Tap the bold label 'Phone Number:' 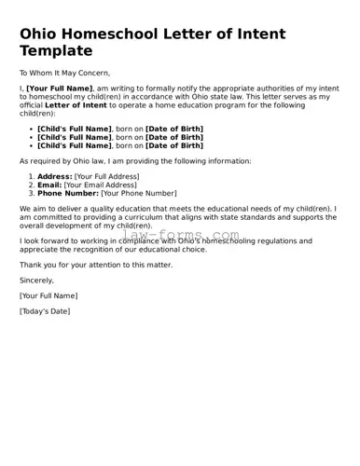pos(67,193)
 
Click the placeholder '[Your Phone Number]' pos(139,193)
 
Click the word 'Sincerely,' pos(37,280)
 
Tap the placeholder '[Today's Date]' pos(45,311)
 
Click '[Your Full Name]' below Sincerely pos(48,295)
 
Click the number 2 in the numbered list pos(32,185)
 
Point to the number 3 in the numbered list pos(32,193)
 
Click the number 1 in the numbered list pos(32,176)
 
